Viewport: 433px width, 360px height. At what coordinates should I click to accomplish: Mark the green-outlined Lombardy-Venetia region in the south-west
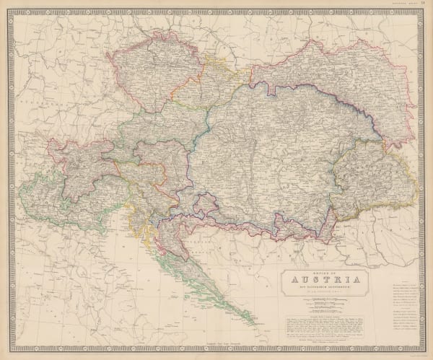pos(58,209)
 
